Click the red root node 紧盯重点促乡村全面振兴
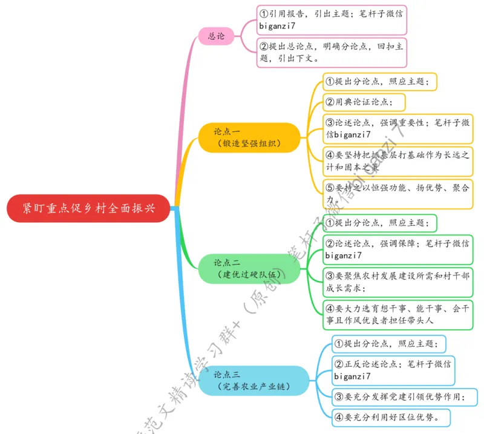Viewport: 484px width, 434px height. (88, 208)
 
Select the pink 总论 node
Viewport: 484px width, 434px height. (216, 36)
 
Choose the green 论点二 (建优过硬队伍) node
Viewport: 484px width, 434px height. (249, 269)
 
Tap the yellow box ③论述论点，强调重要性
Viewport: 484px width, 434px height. (396, 128)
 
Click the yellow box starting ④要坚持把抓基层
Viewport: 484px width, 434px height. (396, 161)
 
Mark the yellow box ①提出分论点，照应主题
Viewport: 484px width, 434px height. (379, 81)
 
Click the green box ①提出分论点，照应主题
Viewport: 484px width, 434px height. (378, 223)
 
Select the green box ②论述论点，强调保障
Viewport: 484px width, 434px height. (396, 249)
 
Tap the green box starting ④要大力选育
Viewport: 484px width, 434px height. (396, 315)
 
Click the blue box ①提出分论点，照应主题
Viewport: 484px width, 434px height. (388, 344)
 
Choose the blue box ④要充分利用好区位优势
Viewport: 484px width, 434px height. (391, 417)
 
